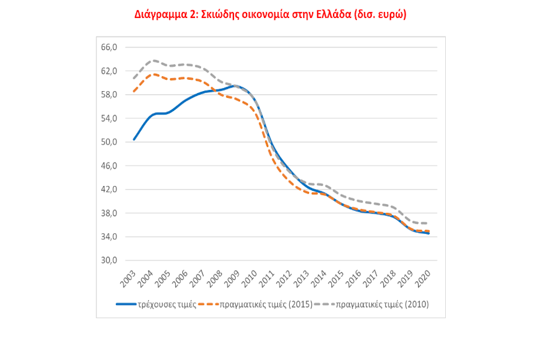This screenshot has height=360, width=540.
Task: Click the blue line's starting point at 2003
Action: [134, 140]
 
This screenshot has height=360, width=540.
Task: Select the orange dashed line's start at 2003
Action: [134, 92]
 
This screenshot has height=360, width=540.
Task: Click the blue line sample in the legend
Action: [127, 304]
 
